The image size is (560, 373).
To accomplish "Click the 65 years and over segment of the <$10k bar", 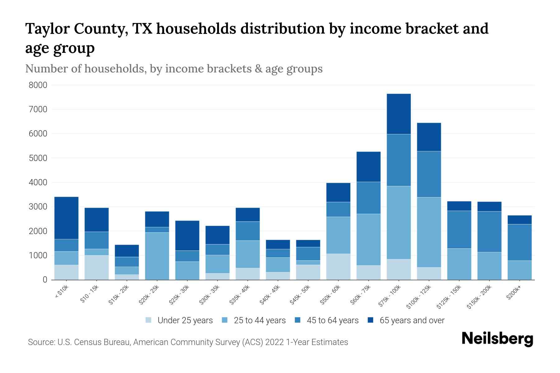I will coord(66,218).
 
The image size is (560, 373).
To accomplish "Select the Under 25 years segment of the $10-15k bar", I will coord(96,267).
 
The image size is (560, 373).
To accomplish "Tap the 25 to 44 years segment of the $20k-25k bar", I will coord(157,256).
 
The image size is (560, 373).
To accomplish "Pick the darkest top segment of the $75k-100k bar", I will coord(399,114).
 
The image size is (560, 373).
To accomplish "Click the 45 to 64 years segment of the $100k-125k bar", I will coord(429,174).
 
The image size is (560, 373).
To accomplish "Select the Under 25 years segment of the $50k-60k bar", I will coord(338,267).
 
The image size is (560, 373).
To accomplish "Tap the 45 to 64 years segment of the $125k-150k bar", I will coord(459,229).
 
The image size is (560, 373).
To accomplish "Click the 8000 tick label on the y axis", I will coord(38,85).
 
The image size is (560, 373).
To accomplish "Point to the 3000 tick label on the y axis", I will coord(38,207).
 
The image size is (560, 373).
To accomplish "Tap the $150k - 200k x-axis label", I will coord(479,297).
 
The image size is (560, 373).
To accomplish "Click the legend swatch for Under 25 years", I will coord(149,320).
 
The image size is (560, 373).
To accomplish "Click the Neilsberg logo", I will coord(497,339).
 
